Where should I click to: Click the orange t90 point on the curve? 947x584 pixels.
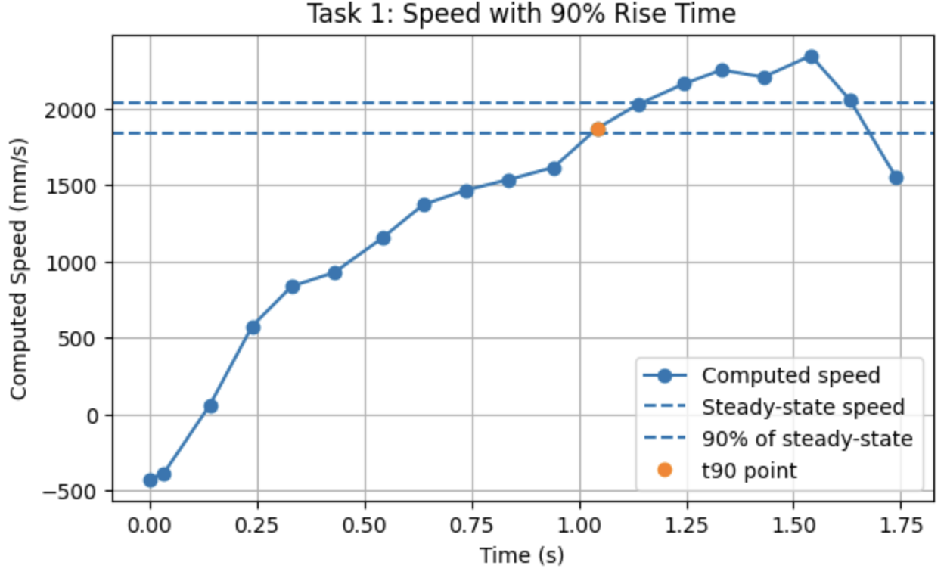(x=598, y=129)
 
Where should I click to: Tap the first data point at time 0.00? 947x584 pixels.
(x=150, y=480)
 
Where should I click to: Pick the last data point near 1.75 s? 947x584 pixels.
(x=896, y=178)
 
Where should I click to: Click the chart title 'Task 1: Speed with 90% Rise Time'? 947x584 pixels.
(x=521, y=14)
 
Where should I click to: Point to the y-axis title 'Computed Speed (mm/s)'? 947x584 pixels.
(x=18, y=269)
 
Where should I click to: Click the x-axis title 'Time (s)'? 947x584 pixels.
(x=521, y=556)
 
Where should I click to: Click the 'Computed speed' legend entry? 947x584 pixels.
(x=791, y=375)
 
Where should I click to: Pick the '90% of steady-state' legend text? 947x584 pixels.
(x=807, y=439)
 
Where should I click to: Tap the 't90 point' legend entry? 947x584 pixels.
(x=750, y=471)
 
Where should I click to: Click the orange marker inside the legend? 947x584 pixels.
(x=664, y=471)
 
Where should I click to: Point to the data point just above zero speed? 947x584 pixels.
(x=211, y=406)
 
